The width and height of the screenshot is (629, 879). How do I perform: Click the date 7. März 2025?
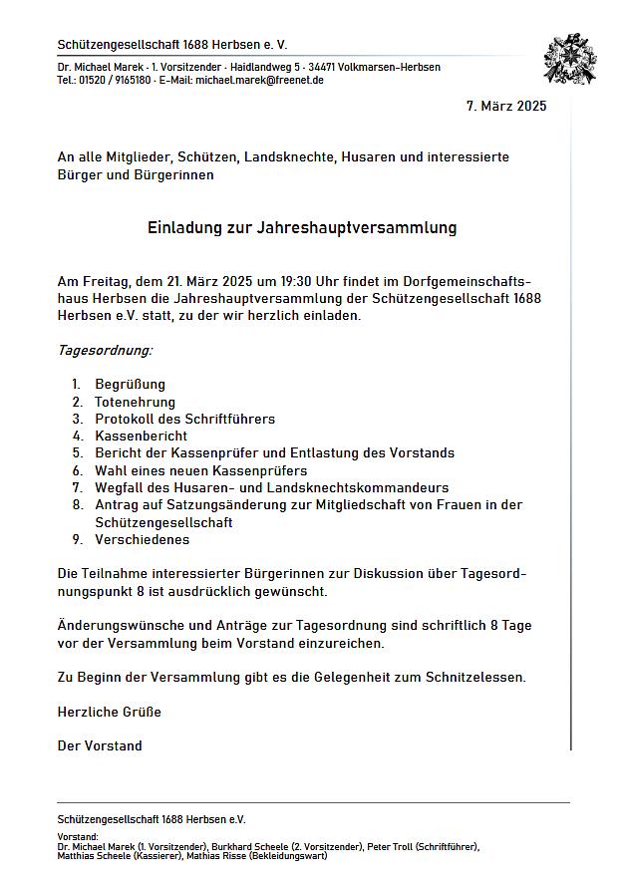pos(506,107)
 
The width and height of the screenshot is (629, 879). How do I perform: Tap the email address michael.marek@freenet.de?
pos(259,80)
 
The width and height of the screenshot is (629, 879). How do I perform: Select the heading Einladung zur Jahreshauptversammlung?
pos(302,227)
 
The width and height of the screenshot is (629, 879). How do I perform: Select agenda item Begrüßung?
pos(130,384)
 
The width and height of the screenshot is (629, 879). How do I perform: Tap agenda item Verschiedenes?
pos(142,539)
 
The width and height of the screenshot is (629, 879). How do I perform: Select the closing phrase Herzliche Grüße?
pos(110,712)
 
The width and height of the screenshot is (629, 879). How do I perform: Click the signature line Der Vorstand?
pos(100,745)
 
